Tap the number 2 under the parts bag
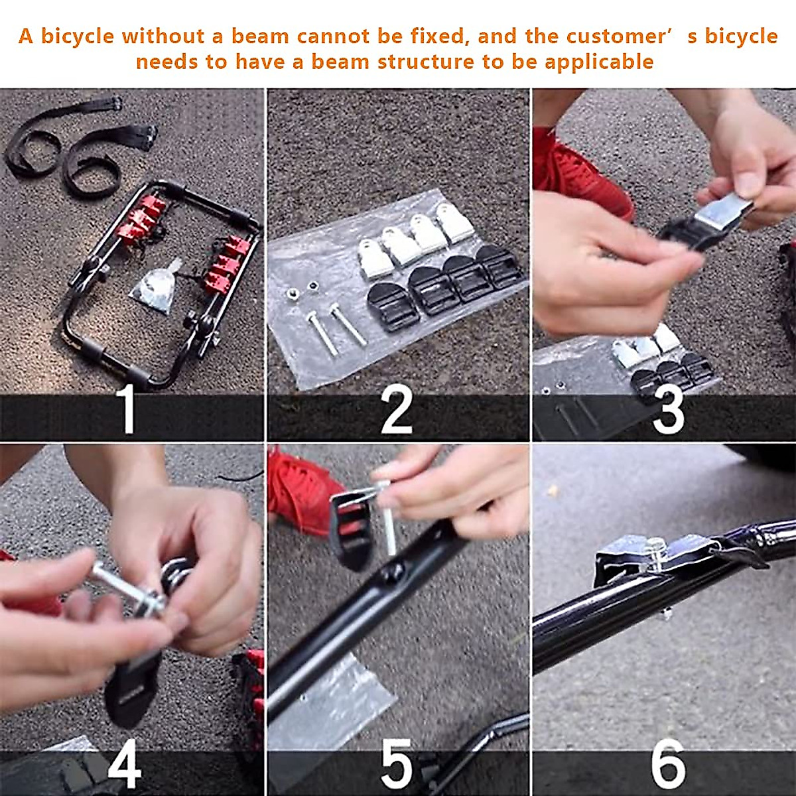pyautogui.click(x=396, y=411)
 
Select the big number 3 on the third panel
pyautogui.click(x=669, y=413)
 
